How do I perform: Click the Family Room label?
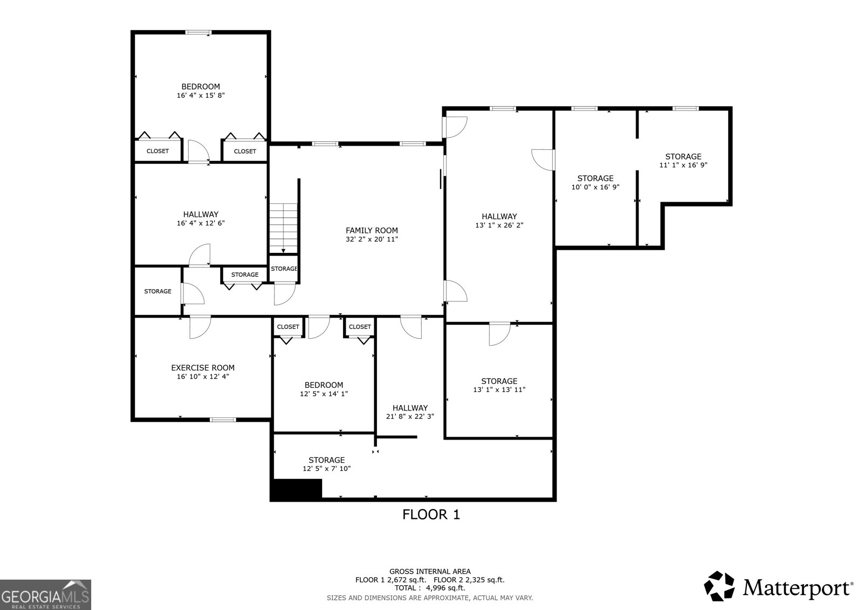coord(372,230)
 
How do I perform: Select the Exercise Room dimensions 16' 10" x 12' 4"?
coord(203,377)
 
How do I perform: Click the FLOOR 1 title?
coord(431,515)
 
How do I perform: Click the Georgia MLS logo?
coord(45,595)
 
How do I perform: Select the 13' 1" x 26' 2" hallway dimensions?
coord(499,225)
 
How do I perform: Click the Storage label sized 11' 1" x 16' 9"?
coord(683,156)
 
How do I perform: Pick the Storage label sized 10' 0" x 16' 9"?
coord(595,178)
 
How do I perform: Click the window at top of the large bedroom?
coord(198,33)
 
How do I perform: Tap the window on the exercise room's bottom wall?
coord(223,419)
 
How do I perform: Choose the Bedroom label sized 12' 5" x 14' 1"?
coord(324,385)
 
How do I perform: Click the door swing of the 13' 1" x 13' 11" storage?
coord(497,334)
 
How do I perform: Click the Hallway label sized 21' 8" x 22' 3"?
coord(410,408)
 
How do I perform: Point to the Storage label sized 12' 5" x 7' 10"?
coord(326,460)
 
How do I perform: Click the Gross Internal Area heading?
coord(429,571)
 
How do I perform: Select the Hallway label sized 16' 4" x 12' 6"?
coord(200,214)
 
